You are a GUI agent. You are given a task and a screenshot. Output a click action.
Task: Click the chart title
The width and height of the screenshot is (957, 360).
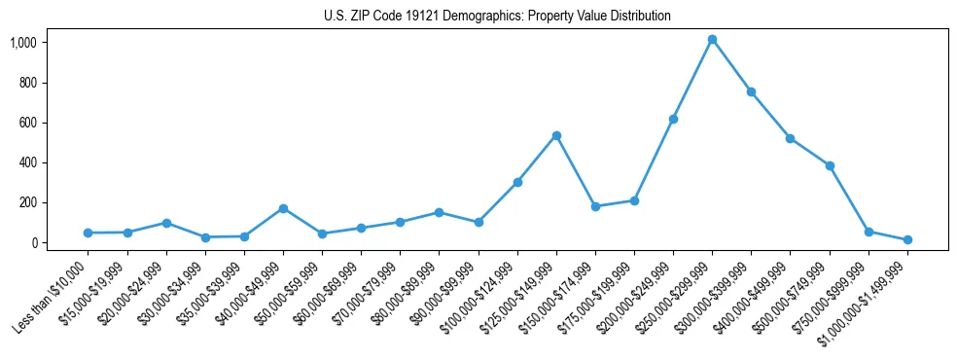(x=497, y=17)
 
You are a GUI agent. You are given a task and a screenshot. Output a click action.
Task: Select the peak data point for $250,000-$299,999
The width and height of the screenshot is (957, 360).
(x=712, y=40)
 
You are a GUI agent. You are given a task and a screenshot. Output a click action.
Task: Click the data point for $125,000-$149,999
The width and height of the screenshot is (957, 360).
(x=556, y=135)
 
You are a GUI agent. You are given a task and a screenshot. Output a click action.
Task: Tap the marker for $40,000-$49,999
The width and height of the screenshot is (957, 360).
(x=283, y=208)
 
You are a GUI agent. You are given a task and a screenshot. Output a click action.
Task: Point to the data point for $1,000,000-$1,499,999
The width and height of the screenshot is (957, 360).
(x=907, y=239)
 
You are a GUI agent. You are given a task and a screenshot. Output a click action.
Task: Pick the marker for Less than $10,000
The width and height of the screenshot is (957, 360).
(x=89, y=233)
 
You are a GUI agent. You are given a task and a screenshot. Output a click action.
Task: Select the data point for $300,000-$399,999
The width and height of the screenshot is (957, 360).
(x=751, y=91)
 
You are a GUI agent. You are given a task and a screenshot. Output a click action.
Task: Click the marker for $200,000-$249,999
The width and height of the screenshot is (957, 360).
(x=673, y=119)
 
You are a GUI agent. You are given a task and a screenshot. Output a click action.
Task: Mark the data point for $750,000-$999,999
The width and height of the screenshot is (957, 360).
(x=868, y=232)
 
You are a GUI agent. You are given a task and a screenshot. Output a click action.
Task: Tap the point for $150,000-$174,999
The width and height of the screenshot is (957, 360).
(x=595, y=206)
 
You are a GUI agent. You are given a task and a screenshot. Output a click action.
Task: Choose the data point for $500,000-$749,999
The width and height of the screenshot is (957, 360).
(x=830, y=165)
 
